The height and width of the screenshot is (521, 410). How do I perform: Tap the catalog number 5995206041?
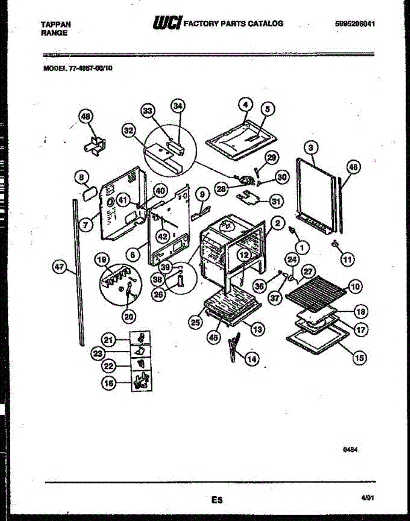355,24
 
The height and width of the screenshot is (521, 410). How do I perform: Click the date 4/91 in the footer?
367,499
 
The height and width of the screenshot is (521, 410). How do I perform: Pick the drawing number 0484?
353,450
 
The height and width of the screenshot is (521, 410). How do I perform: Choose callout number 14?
251,359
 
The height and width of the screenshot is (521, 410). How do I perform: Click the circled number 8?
81,177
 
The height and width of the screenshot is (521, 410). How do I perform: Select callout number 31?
275,201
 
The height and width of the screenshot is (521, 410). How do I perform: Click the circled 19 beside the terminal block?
101,260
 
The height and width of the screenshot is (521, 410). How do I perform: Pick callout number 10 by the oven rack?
355,287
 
